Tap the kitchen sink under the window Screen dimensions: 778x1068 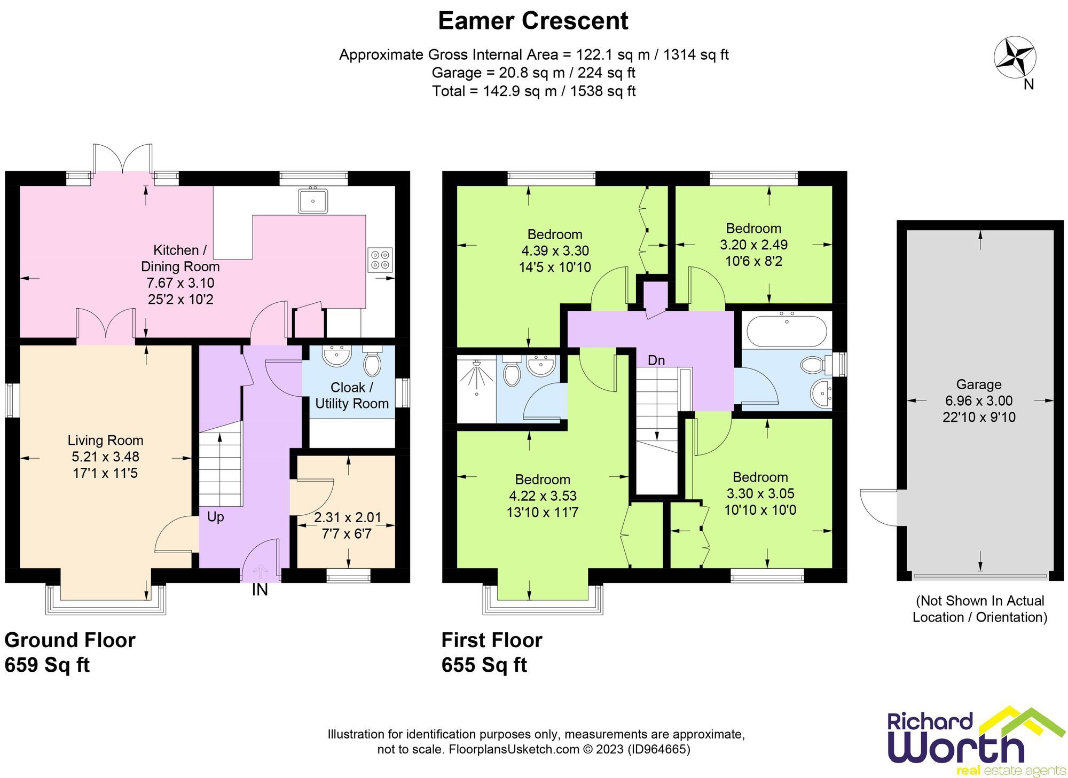(x=313, y=201)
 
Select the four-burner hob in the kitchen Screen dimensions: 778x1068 (x=380, y=260)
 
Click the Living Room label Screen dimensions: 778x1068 (x=105, y=441)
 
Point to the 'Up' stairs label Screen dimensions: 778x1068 (x=215, y=517)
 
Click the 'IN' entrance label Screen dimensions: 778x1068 (x=260, y=590)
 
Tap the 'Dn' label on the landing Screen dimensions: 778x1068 (x=656, y=360)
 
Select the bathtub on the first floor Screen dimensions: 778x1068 (x=787, y=331)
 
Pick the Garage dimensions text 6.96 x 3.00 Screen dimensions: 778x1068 (x=979, y=401)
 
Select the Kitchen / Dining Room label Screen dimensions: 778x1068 (x=180, y=258)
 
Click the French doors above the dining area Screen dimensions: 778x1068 (x=122, y=158)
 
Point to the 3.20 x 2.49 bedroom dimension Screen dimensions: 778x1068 (x=753, y=245)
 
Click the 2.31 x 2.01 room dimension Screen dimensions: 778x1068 (x=347, y=517)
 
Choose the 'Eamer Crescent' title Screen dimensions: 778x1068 (x=533, y=21)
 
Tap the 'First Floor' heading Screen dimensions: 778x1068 (x=492, y=640)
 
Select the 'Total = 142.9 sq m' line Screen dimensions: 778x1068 (x=533, y=91)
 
